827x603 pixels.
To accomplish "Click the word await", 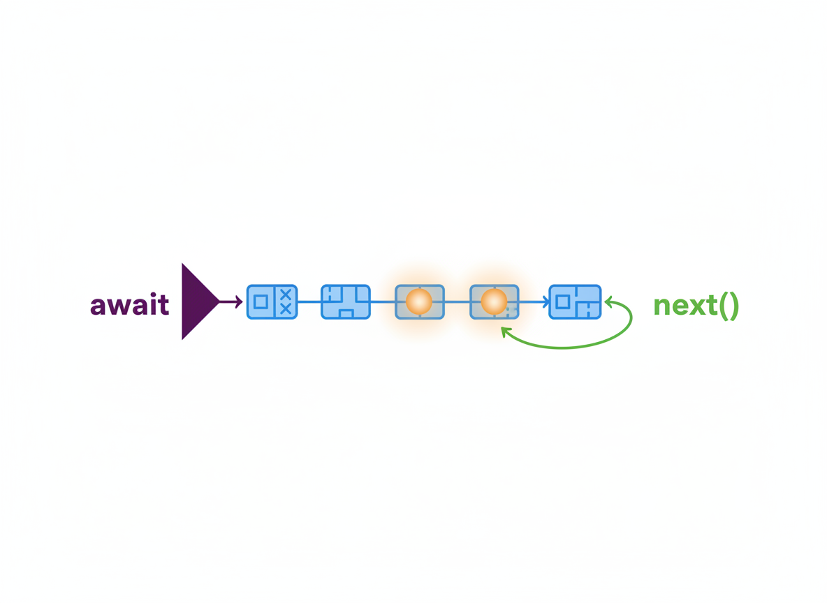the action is pos(129,304).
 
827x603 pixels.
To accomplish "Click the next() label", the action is pos(696,305).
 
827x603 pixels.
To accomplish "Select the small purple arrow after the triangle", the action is pos(231,301).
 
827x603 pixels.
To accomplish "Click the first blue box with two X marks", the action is pos(272,301).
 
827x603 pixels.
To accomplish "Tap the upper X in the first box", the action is pos(286,294).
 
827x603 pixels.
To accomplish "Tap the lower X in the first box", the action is pos(286,309).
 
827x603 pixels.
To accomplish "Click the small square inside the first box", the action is pos(261,302).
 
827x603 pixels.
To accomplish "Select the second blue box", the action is pos(346,301).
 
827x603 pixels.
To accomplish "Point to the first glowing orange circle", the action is pos(419,301).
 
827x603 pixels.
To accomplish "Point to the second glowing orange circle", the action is pos(495,301).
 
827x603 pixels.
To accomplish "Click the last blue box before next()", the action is pos(575,301).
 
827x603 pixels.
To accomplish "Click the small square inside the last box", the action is pos(563,302).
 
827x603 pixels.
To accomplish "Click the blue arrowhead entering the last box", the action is pos(546,302).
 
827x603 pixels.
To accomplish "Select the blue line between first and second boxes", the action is pos(309,302).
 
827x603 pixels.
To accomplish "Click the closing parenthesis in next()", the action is pos(734,306).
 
